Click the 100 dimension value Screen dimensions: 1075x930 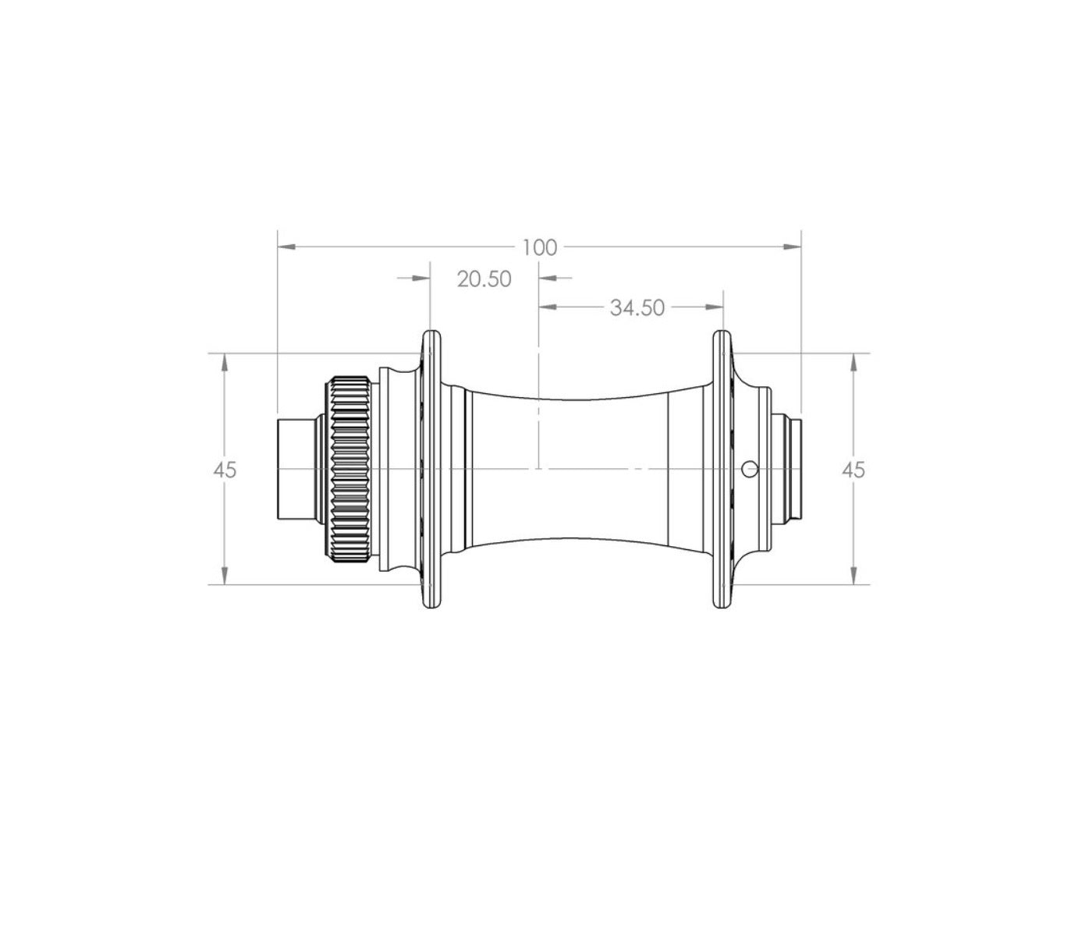539,248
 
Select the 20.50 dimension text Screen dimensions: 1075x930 484,279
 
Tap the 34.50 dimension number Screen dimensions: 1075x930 637,308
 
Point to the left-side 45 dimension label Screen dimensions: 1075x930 225,470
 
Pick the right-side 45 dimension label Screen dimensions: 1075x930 853,470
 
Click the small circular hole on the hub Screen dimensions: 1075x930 750,469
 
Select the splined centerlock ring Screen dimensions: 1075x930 349,469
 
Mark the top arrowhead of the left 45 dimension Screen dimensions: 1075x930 224,363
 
